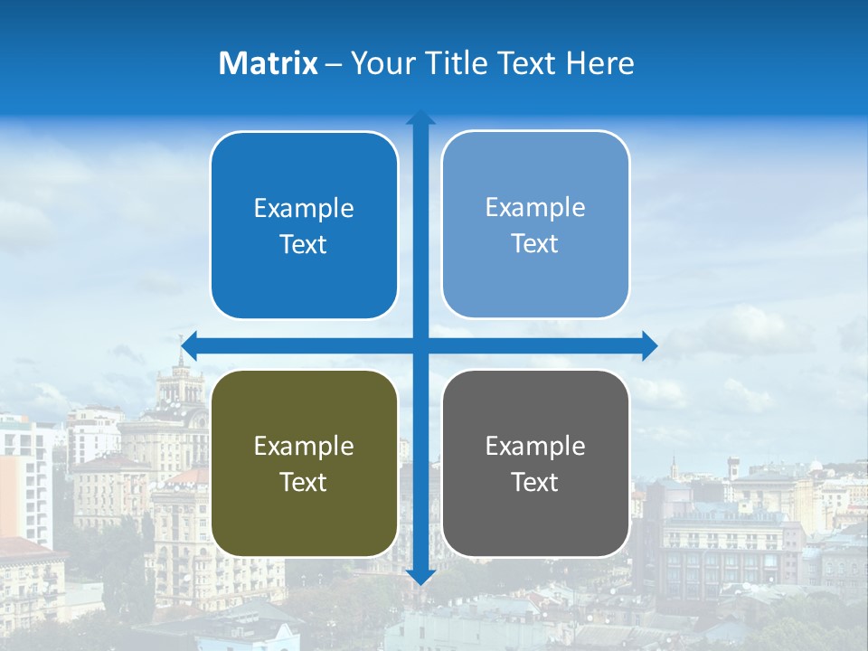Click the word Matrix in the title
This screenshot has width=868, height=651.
pos(269,63)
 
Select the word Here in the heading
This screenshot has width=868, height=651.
pos(600,63)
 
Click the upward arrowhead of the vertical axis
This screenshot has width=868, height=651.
pos(420,118)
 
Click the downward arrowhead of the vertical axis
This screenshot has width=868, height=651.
pos(420,577)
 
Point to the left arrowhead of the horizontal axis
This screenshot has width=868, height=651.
pos(188,345)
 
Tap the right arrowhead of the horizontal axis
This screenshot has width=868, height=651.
pos(649,345)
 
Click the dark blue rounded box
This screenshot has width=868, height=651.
pos(304,225)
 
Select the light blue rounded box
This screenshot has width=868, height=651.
pos(535,224)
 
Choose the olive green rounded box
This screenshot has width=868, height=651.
pos(304,463)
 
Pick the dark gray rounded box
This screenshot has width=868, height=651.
pos(535,463)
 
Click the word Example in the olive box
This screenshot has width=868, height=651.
pos(304,446)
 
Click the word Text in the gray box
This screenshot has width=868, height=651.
pos(535,482)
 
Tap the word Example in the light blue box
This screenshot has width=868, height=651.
pos(535,207)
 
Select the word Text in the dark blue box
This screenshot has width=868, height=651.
pos(304,244)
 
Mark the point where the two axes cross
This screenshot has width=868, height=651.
pos(420,345)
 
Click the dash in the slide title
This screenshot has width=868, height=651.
pos(334,64)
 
